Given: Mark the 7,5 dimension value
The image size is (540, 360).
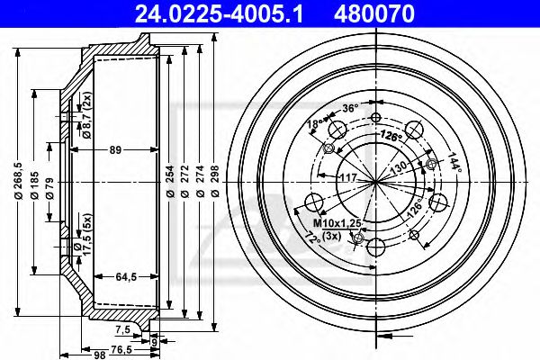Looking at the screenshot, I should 123,329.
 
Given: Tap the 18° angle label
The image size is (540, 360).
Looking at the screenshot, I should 314,123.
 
